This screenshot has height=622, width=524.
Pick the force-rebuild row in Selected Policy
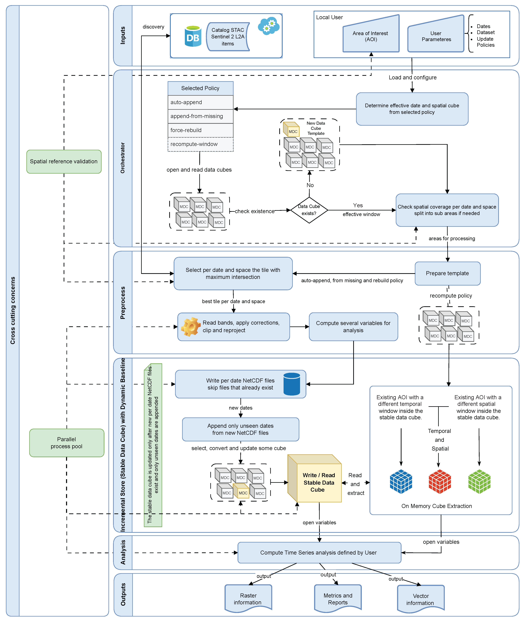[x=200, y=130]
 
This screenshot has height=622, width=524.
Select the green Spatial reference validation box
[x=64, y=161]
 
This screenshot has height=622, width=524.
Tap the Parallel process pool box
[x=66, y=443]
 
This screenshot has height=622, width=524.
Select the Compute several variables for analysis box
[x=353, y=327]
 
